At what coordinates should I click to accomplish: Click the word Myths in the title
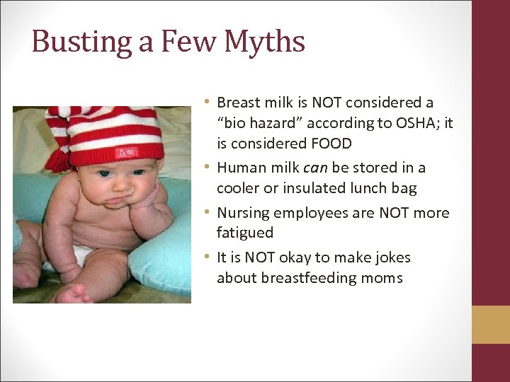coord(265,41)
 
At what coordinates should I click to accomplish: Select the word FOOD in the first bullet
coord(327,143)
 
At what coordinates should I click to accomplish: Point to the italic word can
coord(313,168)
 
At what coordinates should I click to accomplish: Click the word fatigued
coord(244,232)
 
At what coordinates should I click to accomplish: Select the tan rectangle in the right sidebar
coord(491,325)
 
